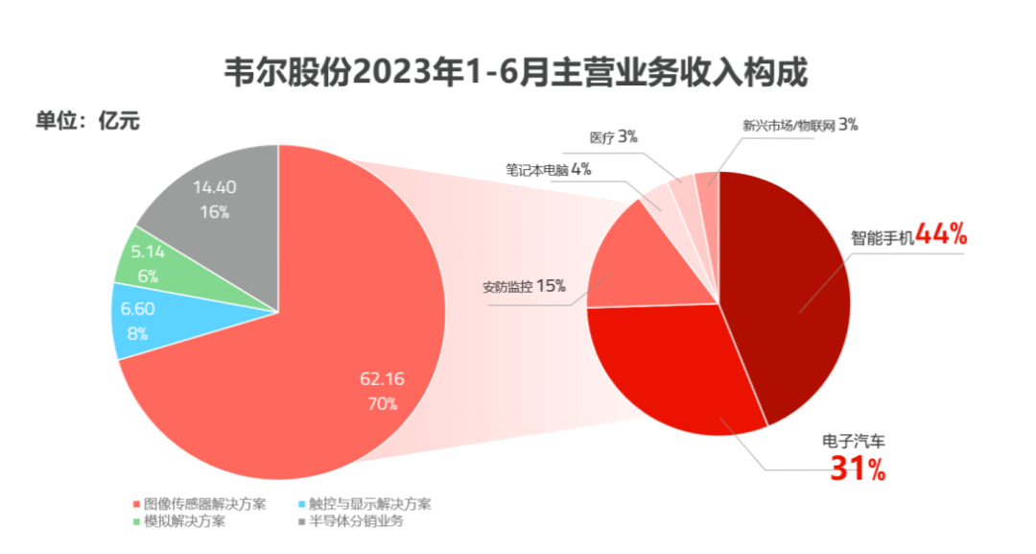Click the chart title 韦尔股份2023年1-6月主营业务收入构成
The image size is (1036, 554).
pyautogui.click(x=515, y=71)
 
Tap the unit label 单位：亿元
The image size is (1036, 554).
pyautogui.click(x=87, y=121)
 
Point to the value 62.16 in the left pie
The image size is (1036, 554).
pyautogui.click(x=382, y=379)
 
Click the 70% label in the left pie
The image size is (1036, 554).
pyautogui.click(x=383, y=403)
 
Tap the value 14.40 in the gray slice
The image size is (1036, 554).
pyautogui.click(x=215, y=188)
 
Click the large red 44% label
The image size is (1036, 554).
pyautogui.click(x=942, y=234)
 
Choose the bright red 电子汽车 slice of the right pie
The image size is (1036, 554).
pyautogui.click(x=674, y=371)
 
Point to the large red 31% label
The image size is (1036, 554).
pyautogui.click(x=858, y=468)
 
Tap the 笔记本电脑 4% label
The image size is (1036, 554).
pyautogui.click(x=549, y=170)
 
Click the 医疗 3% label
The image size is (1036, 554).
pyautogui.click(x=613, y=137)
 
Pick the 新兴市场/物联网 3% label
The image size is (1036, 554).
pyautogui.click(x=799, y=125)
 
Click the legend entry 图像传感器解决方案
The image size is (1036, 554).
pyautogui.click(x=200, y=504)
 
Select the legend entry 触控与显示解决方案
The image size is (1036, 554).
pyautogui.click(x=365, y=504)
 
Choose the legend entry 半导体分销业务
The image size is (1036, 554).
pyautogui.click(x=351, y=521)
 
